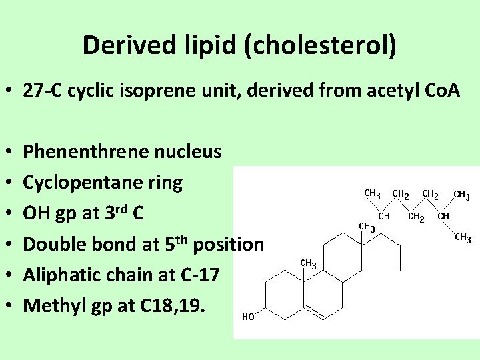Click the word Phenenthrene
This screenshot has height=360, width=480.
[x=85, y=152]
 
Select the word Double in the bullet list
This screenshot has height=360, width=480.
[x=53, y=244]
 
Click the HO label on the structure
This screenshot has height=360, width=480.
[x=247, y=317]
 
